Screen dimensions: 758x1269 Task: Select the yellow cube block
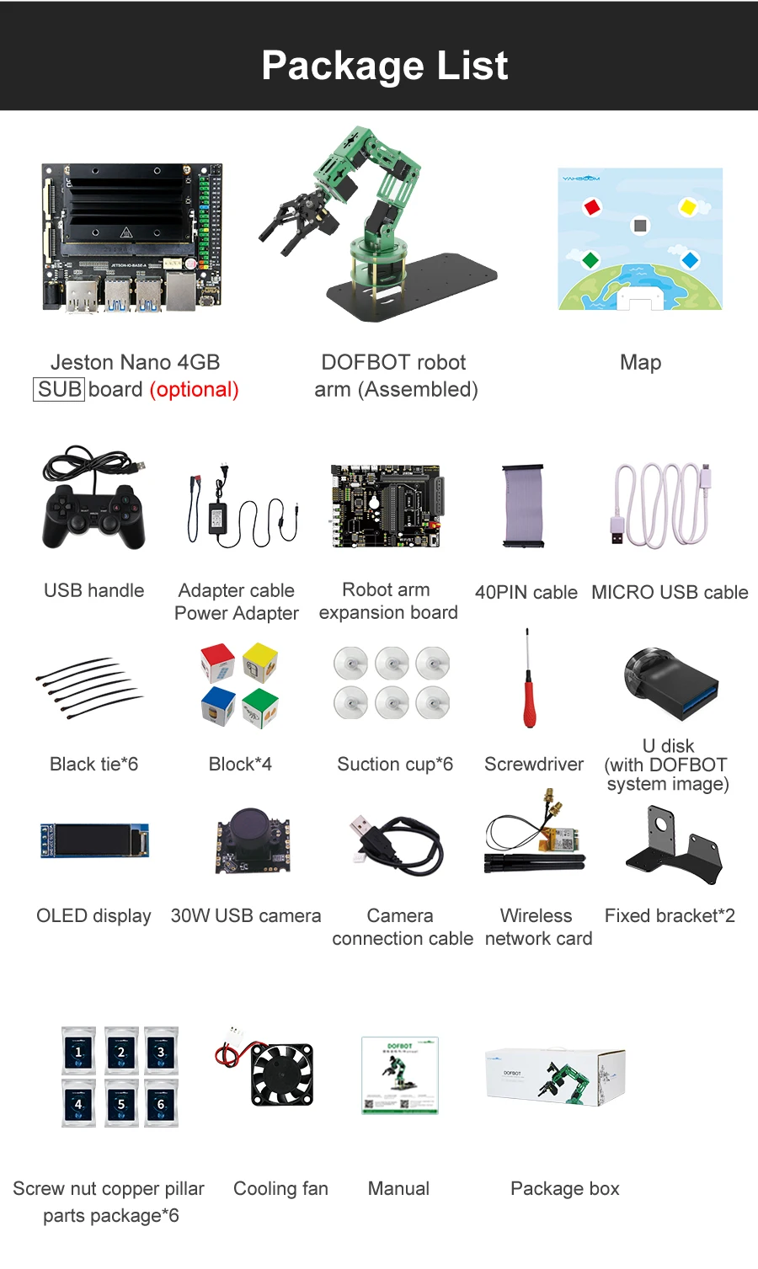260,662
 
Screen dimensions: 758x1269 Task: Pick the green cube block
260,707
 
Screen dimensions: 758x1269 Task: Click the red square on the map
592,206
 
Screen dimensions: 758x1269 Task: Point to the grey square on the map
641,226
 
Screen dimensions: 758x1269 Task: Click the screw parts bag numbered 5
121,1102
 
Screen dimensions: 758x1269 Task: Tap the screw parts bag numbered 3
161,1051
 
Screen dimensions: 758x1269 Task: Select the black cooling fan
281,1074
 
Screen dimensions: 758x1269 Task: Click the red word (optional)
194,390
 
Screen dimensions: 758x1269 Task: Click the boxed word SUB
59,390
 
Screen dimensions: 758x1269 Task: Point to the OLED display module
94,840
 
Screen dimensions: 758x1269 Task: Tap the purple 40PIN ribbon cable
523,505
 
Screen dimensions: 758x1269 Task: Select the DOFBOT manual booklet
399,1075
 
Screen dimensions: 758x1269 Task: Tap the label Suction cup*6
395,765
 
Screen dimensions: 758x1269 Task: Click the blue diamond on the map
690,260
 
